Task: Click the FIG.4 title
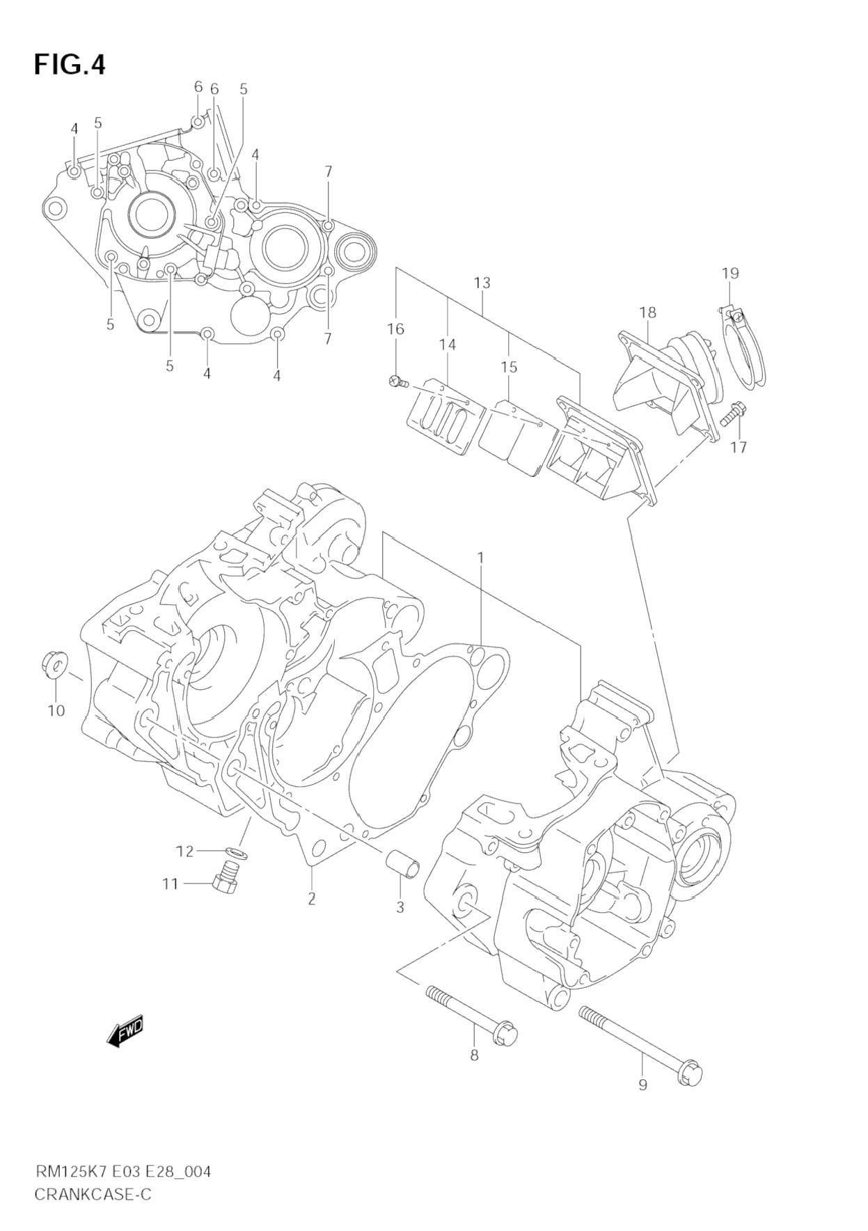coord(70,65)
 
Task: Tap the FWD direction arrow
coord(125,1030)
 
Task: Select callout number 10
coord(56,710)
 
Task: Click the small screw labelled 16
coord(397,381)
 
